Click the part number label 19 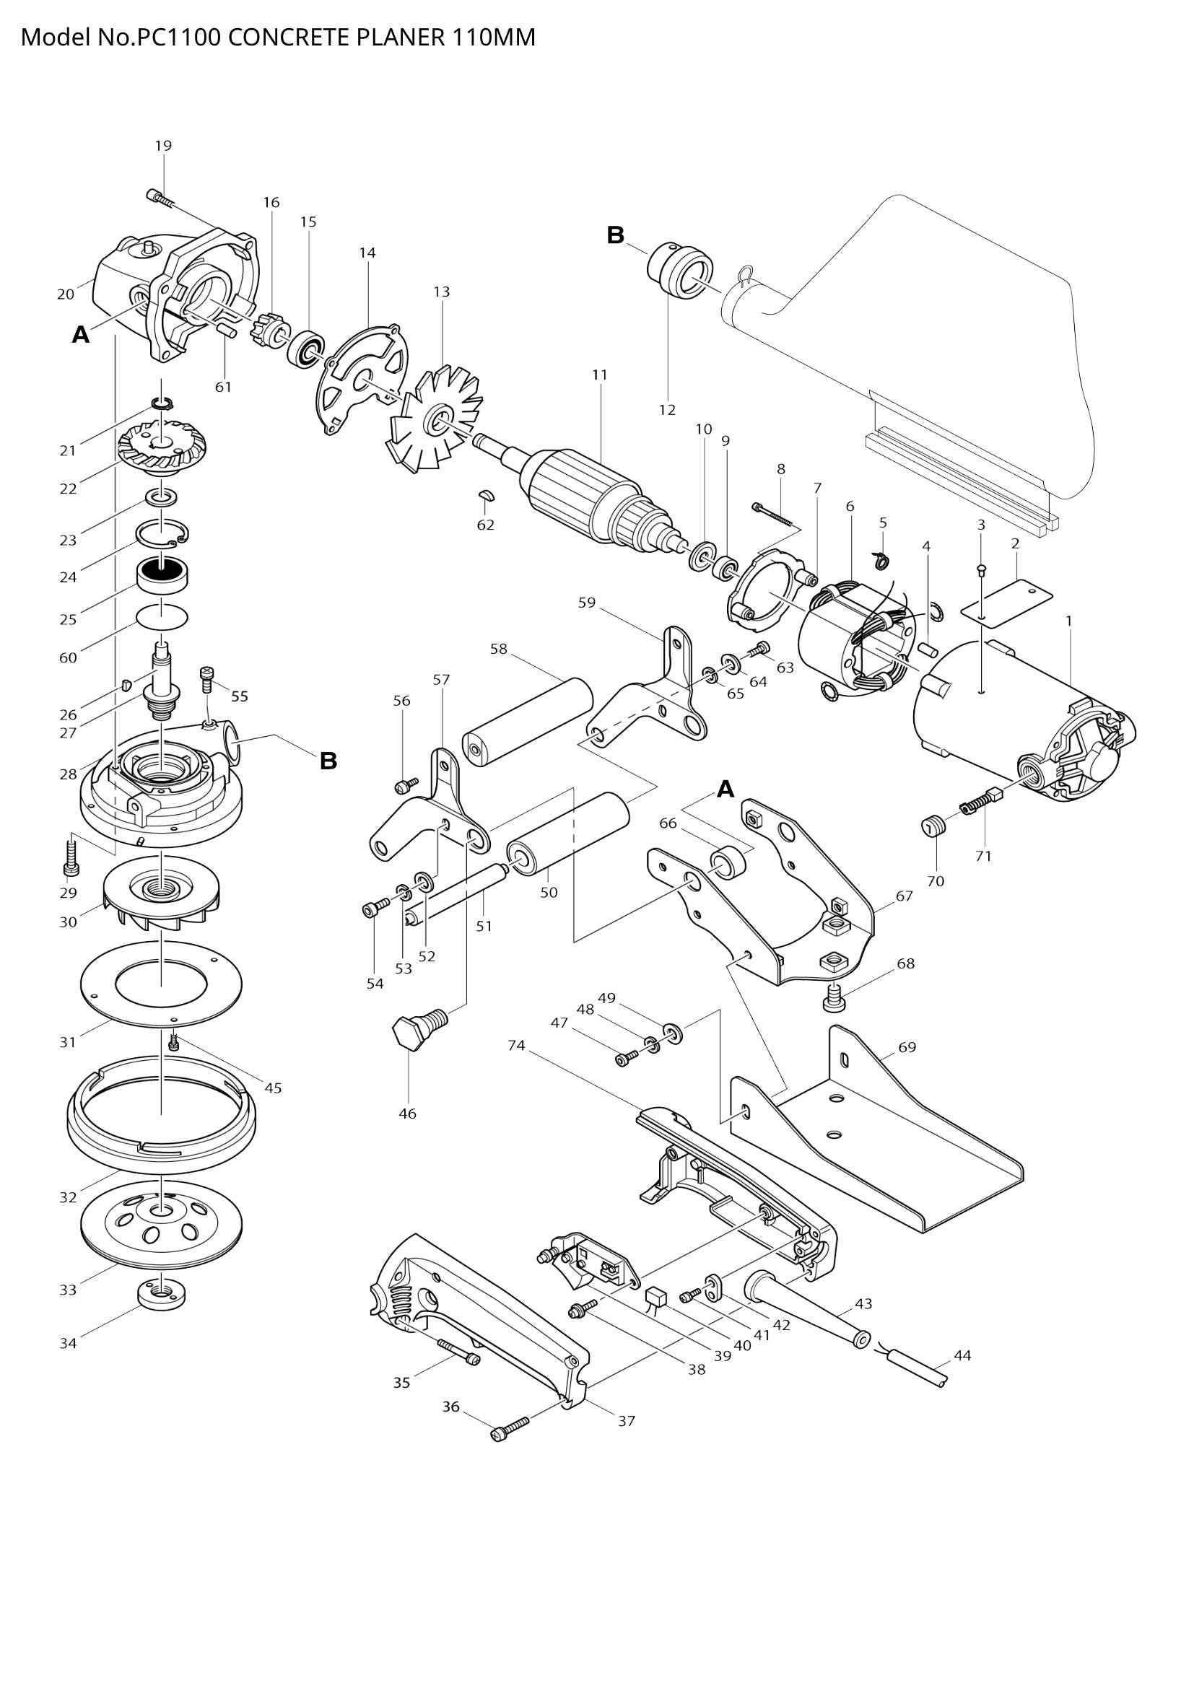coord(163,146)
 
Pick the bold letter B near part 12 coord(615,235)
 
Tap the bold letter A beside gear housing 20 coord(81,336)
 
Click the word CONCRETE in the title coord(289,37)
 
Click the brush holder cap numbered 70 coord(932,828)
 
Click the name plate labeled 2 coord(1006,600)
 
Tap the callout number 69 coord(907,1047)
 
